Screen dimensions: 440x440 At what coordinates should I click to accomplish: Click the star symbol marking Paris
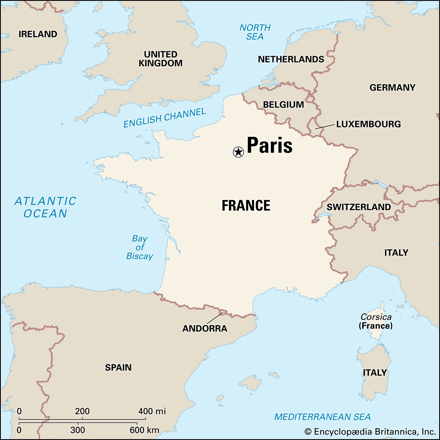point(238,152)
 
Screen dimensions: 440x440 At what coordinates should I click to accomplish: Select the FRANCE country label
point(246,206)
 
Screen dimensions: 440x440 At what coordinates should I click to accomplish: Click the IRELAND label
point(38,34)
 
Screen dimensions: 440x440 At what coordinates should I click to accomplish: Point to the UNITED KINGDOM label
point(161,59)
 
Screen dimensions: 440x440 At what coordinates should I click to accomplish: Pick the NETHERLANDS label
point(291,59)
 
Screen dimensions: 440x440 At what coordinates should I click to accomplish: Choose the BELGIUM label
point(284,105)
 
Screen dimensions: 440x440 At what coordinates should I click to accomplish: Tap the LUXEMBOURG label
point(369,124)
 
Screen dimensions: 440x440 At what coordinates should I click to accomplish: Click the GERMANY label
point(392,87)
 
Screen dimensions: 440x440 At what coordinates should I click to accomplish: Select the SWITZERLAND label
point(359,207)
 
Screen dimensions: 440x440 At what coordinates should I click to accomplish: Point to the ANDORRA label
point(205,328)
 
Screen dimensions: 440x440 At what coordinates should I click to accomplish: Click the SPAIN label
point(118,367)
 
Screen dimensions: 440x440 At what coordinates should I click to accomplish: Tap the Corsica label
point(376,317)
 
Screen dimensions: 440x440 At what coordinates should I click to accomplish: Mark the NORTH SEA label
point(255,32)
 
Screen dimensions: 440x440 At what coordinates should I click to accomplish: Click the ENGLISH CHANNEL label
point(164,118)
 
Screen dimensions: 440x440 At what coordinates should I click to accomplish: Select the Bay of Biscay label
point(140,247)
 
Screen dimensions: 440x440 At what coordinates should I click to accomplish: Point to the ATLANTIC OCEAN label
point(45,207)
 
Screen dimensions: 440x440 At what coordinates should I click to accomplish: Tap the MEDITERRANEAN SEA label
point(322,417)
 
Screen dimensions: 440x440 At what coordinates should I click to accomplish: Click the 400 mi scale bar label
point(152,411)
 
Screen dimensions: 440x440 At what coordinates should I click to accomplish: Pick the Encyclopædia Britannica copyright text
point(370,431)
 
